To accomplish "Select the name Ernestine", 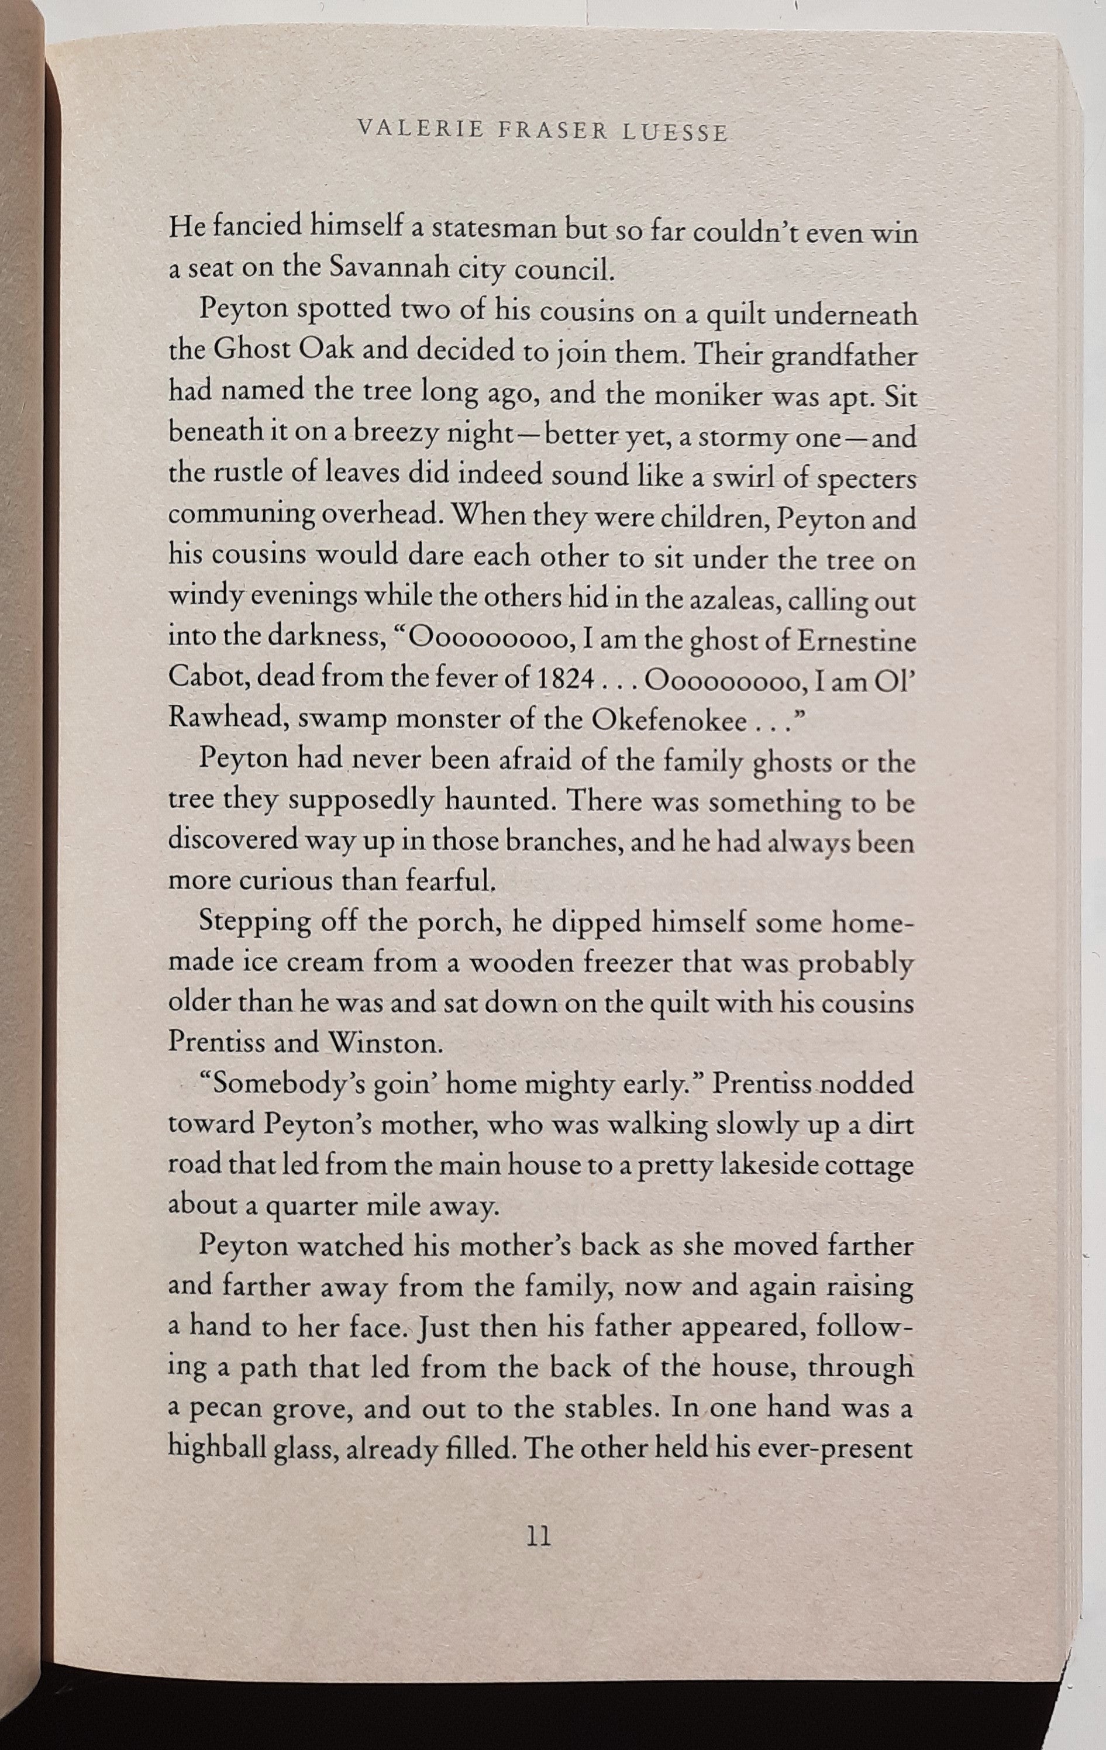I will [x=857, y=640].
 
